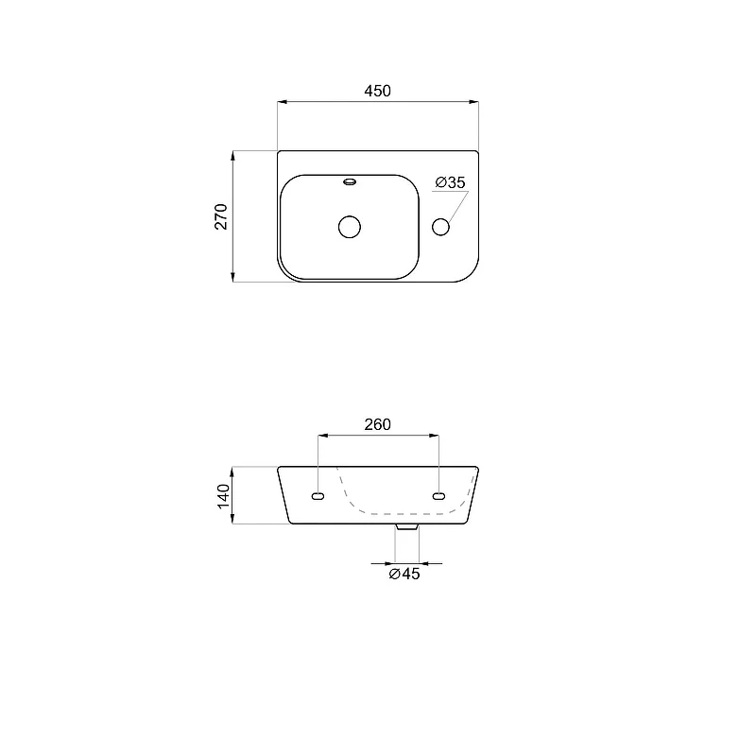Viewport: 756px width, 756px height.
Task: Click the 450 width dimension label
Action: [377, 91]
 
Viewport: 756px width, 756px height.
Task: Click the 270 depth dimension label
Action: [221, 216]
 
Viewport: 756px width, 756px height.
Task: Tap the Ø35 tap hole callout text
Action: [451, 182]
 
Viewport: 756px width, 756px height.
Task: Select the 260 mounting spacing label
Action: [377, 424]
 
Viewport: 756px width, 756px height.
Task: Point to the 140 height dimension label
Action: [224, 496]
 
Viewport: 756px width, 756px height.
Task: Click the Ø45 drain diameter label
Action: [404, 574]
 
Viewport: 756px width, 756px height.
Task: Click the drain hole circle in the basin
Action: [350, 227]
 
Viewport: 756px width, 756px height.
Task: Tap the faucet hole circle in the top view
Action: [440, 227]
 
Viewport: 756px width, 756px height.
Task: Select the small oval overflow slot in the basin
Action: [350, 181]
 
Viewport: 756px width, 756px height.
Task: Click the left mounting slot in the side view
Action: [318, 496]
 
